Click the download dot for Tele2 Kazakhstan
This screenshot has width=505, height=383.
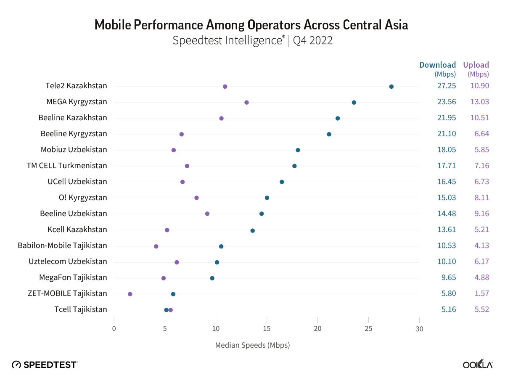click(391, 87)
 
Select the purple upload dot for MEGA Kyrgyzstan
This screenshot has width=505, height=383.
click(246, 103)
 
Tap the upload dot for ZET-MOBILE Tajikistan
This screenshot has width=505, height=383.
click(130, 294)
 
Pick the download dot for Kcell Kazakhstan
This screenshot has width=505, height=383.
click(252, 230)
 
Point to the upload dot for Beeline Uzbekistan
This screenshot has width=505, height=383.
click(207, 214)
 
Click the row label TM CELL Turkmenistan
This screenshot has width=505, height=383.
click(67, 166)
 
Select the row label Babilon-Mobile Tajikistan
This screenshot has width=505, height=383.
click(62, 246)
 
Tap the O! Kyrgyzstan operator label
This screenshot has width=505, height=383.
click(83, 198)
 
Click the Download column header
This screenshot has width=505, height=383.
click(437, 65)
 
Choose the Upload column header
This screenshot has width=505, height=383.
click(476, 65)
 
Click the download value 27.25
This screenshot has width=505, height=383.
click(446, 86)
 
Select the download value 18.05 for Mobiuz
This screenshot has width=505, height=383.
click(446, 150)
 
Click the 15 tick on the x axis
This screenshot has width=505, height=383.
click(267, 328)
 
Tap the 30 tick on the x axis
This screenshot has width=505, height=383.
click(419, 328)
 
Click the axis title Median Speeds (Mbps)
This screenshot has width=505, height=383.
click(252, 345)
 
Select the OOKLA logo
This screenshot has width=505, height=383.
click(478, 365)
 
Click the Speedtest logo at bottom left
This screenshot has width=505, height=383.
click(45, 365)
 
